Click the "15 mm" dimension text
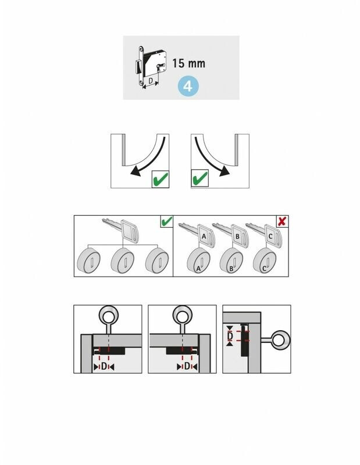tap(189, 63)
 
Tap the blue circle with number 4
tap(188, 87)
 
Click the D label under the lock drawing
tap(151, 81)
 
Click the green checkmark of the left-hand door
tap(161, 179)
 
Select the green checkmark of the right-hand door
tap(199, 178)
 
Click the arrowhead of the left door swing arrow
tap(135, 171)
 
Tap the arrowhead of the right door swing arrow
tap(224, 171)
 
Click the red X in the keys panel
tap(282, 221)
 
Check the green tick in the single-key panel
tap(166, 221)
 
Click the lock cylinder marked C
tap(265, 260)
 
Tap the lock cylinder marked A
tap(198, 260)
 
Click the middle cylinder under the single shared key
tap(123, 260)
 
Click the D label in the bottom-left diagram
tap(104, 367)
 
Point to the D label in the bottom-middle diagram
tap(187, 367)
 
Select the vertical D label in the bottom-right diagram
tap(230, 336)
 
